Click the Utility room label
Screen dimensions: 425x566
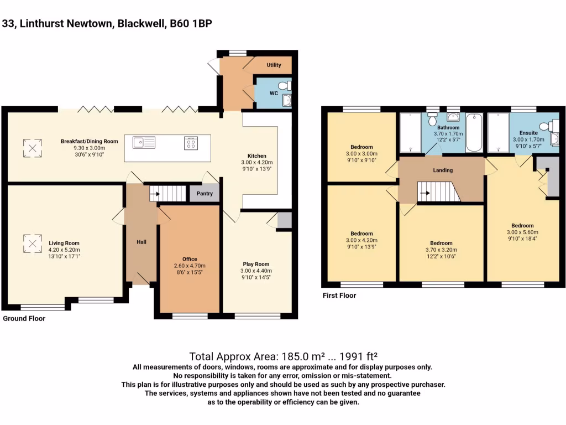point(274,65)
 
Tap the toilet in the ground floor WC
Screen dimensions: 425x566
point(285,86)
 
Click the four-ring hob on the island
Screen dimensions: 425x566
point(191,143)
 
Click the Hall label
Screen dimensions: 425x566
point(141,242)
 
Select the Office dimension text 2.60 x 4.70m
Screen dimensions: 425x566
point(190,266)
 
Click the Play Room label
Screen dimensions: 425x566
point(256,264)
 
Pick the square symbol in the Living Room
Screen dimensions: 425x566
point(32,242)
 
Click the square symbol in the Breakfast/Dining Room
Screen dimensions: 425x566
point(32,148)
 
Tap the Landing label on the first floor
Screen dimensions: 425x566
point(443,170)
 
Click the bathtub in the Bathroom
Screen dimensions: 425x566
point(474,133)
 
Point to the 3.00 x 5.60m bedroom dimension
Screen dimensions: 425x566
point(522,232)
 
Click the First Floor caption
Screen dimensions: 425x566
point(339,296)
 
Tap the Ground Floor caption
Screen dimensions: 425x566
point(24,319)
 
